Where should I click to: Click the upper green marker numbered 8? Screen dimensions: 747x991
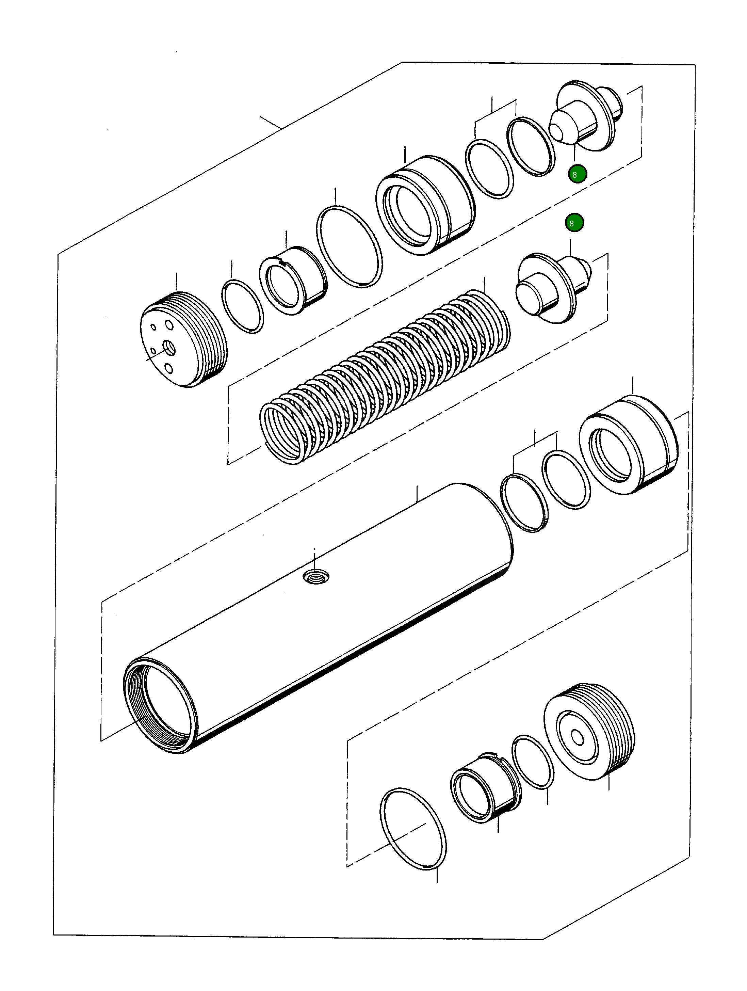coord(577,174)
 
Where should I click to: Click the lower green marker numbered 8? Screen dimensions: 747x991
coord(574,223)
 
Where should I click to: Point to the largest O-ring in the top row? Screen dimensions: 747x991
coord(349,246)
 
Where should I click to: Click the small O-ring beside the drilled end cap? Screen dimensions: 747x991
coord(242,306)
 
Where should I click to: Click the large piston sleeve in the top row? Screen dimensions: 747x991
coord(425,205)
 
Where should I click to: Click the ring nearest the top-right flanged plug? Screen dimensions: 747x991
coord(531,146)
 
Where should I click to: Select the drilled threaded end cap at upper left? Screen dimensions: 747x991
coord(184,339)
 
